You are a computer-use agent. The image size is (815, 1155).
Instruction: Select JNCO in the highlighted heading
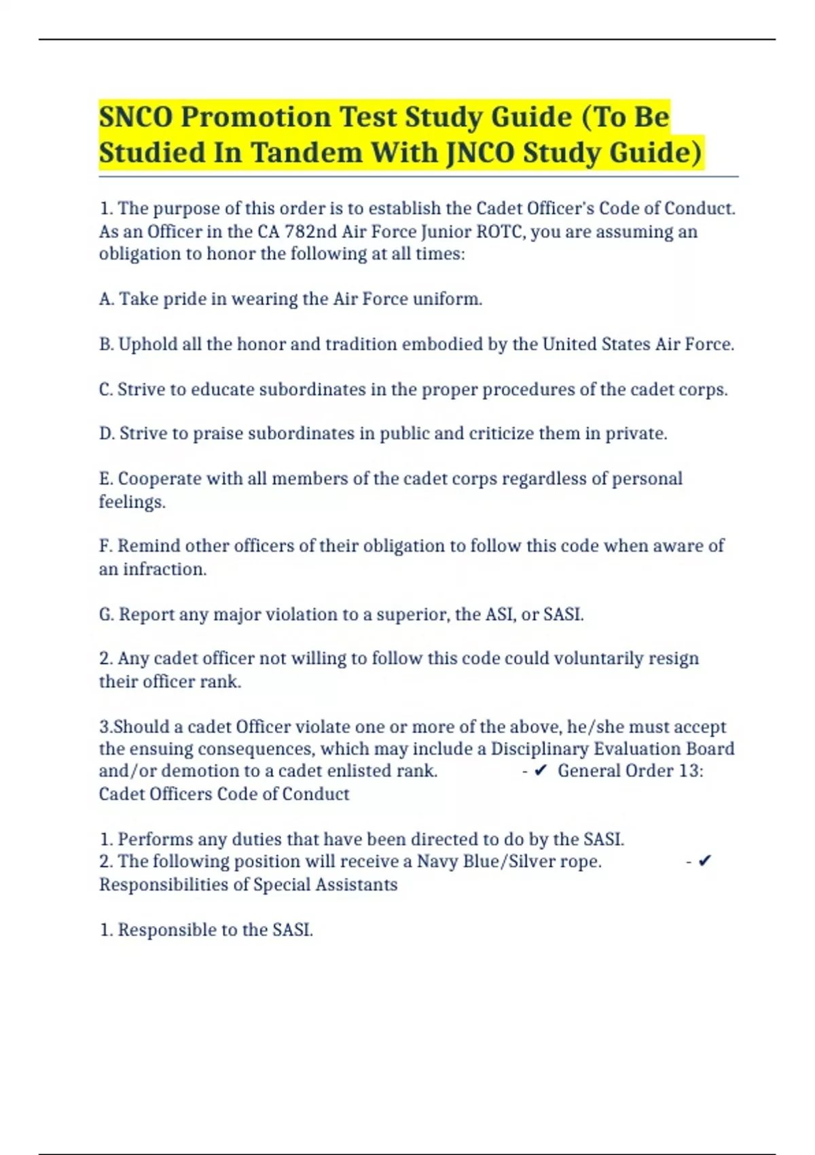click(479, 152)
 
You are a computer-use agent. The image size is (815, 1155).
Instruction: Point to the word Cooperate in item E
click(160, 478)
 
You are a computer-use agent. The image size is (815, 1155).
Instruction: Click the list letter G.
click(106, 614)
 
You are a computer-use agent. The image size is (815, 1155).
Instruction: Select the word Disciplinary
click(539, 749)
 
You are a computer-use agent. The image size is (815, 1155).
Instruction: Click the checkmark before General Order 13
click(541, 771)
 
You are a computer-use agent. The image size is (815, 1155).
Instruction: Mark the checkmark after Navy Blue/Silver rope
click(705, 861)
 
